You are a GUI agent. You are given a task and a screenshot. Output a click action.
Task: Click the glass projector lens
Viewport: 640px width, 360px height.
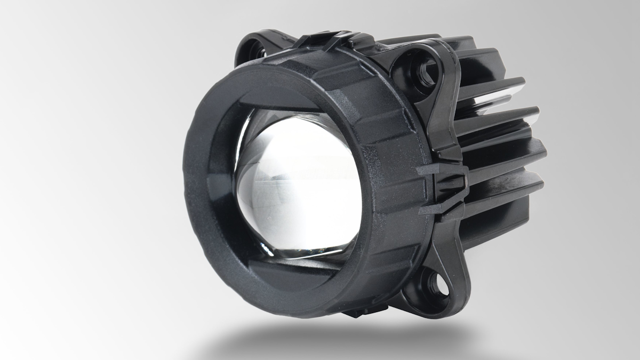click(296, 187)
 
